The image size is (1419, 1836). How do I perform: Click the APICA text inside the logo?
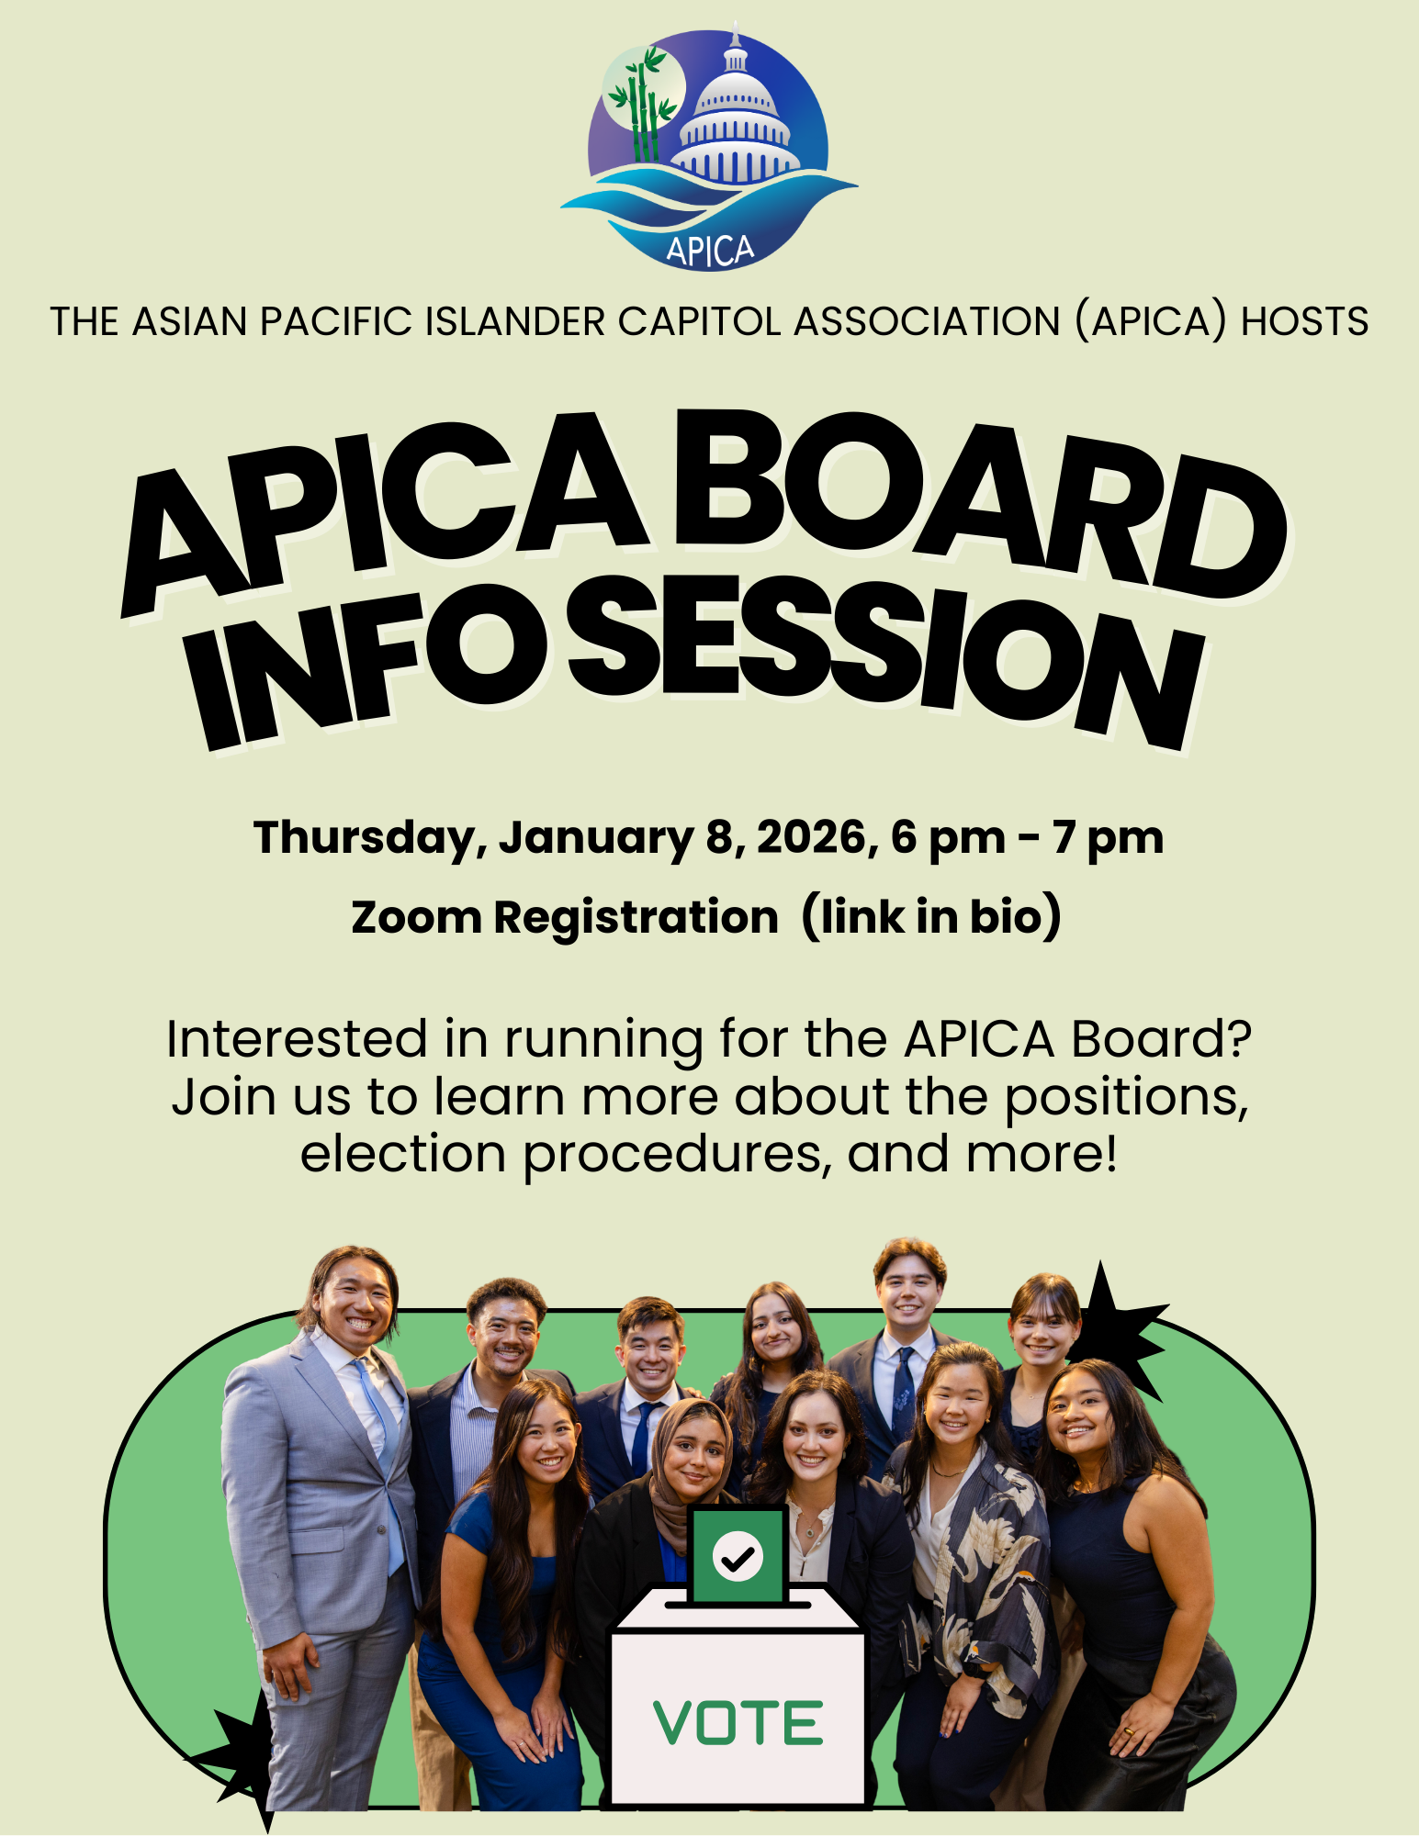click(x=710, y=250)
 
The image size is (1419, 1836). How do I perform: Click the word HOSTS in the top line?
click(x=1304, y=322)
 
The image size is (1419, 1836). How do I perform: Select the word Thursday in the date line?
click(x=365, y=838)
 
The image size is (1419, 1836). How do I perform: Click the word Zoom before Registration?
click(x=415, y=917)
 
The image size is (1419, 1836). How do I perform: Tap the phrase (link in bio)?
click(x=930, y=916)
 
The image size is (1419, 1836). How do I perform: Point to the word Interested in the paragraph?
click(x=296, y=1039)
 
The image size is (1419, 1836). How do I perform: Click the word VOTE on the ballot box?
click(x=738, y=1723)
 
